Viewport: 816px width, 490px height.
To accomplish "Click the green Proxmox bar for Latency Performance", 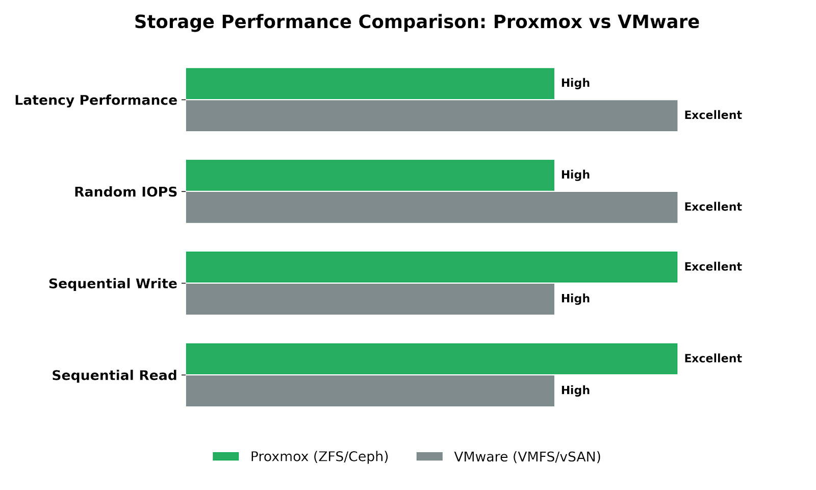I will coord(370,84).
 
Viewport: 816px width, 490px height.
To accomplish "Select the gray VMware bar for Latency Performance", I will coord(431,116).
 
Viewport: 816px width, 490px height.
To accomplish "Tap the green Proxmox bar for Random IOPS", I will coord(370,176).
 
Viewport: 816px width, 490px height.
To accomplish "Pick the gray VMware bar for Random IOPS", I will coord(431,208).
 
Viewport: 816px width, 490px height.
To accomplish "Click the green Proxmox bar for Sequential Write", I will coord(431,267).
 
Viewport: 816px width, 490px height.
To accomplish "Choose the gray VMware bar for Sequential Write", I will coord(370,299).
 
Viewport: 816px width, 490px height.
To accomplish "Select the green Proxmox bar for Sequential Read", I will coord(431,359).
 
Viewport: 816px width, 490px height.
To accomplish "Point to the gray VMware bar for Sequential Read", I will coord(370,391).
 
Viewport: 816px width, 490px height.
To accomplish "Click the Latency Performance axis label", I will coord(96,101).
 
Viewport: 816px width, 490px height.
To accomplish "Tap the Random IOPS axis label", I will coord(125,192).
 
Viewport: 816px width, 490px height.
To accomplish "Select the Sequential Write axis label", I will coord(113,284).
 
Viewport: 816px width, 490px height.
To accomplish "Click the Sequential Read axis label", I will coord(114,376).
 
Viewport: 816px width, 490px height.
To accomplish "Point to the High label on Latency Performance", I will coord(575,83).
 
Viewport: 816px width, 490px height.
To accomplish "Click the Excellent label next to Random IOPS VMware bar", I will coord(712,207).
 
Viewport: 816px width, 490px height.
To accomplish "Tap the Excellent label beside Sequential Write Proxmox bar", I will coord(712,267).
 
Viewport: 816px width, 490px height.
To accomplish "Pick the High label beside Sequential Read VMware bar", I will coord(575,390).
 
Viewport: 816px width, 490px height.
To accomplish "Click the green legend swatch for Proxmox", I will coord(225,456).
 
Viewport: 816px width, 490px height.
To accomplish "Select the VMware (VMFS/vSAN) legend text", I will coord(527,457).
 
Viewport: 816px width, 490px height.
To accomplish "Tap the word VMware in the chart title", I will coord(658,22).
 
